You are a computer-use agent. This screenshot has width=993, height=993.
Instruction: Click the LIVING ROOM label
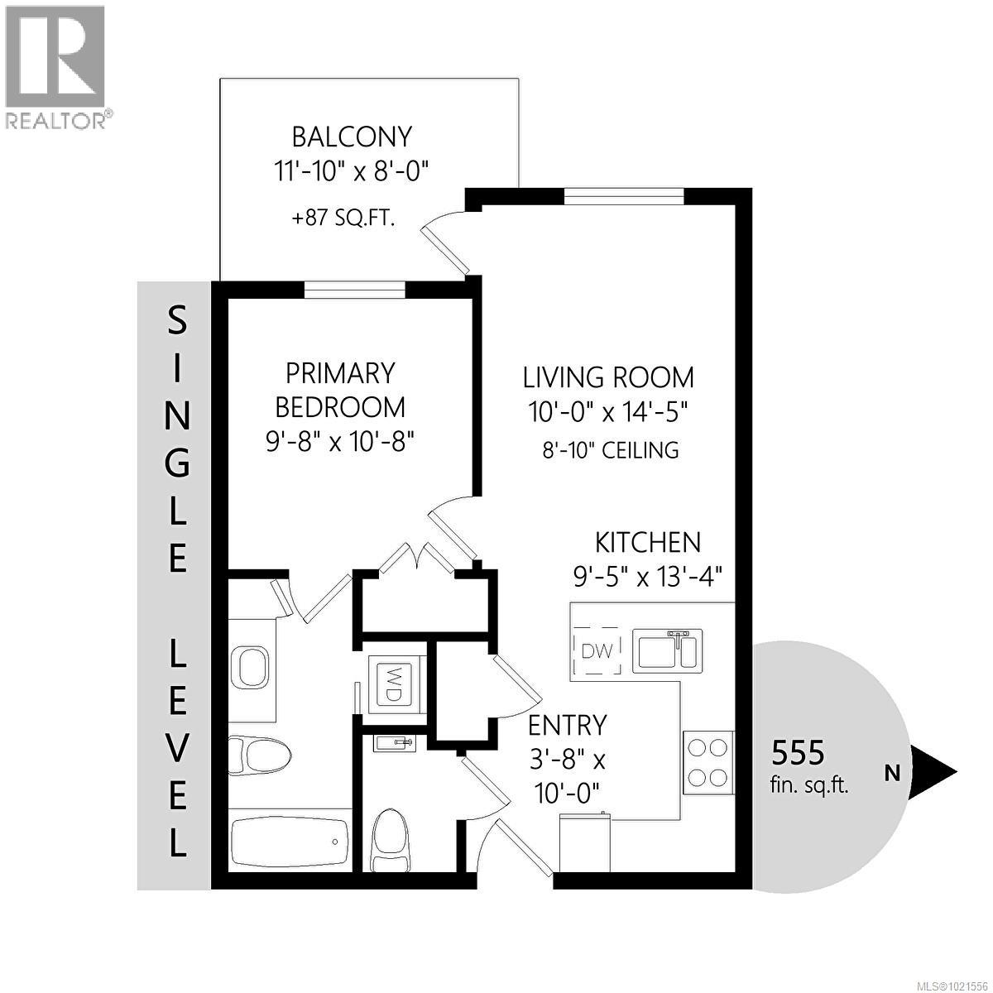coord(608,377)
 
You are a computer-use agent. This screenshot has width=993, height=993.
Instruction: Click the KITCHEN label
coord(648,543)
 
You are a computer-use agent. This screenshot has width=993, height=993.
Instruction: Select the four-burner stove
coord(708,761)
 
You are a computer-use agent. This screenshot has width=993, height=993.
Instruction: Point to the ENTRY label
coord(568,726)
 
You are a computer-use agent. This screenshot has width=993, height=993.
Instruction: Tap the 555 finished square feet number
coord(798,753)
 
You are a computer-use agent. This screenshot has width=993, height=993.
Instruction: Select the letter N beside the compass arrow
coord(892,775)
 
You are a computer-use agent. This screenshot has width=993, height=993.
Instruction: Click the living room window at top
coord(624,196)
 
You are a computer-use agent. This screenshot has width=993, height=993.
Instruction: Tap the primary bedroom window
coord(354,289)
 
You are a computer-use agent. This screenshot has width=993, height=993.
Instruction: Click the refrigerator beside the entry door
coord(586,842)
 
